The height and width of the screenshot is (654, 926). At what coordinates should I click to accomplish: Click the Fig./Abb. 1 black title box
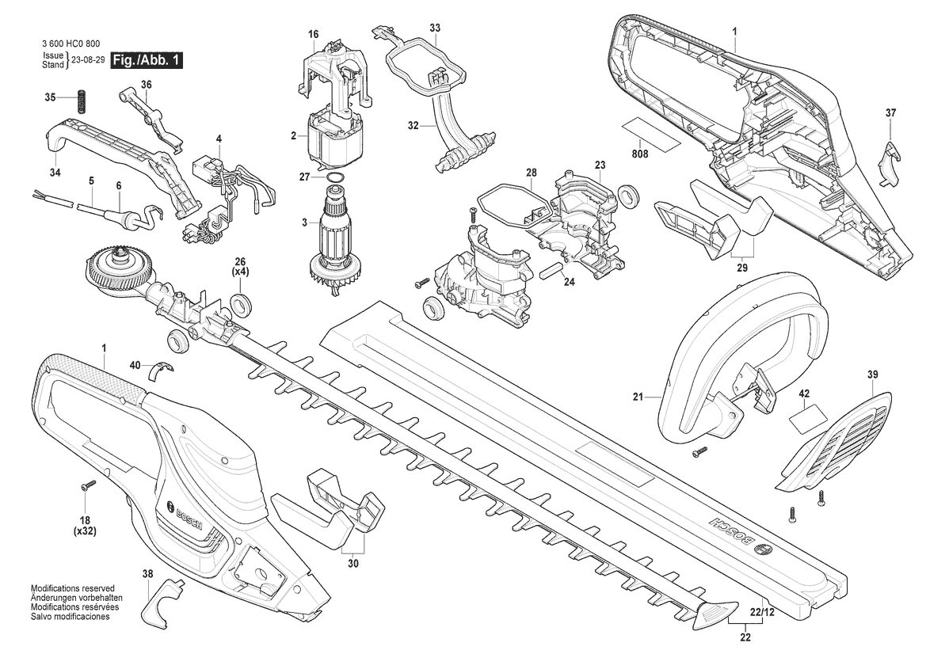(147, 60)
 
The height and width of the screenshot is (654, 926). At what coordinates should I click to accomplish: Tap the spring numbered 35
(80, 101)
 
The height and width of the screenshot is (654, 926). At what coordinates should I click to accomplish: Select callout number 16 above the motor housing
(313, 35)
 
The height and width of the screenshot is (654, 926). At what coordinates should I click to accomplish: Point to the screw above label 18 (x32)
(87, 485)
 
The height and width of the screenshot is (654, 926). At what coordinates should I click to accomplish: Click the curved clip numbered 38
(164, 597)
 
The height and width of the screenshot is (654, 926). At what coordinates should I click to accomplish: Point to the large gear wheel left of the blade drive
(116, 270)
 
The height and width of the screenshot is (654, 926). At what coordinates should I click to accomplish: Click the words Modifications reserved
(73, 589)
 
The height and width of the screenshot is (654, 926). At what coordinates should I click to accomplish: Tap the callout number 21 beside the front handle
(637, 397)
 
